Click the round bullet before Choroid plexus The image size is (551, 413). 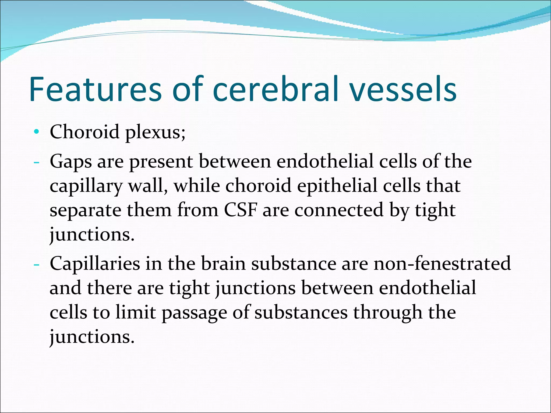(x=37, y=132)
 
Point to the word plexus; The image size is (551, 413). (x=155, y=133)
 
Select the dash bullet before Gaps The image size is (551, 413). (x=36, y=162)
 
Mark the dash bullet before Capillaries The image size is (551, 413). (x=36, y=264)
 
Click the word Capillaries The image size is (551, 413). (x=95, y=264)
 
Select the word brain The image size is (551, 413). (x=223, y=264)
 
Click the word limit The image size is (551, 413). (x=136, y=312)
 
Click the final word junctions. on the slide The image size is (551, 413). (x=92, y=337)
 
